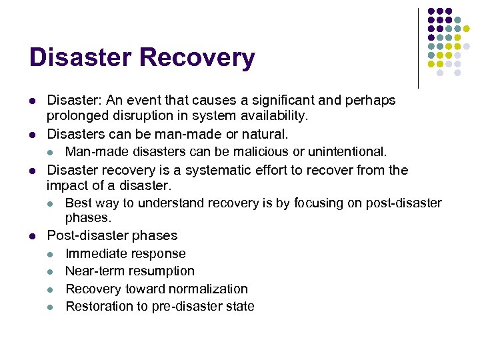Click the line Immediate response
tap(125, 253)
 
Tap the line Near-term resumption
tap(130, 271)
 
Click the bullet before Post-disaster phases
tap(32, 235)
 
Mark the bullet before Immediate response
tap(51, 254)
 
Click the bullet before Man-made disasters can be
tap(51, 153)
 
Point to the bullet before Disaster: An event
tap(32, 101)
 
